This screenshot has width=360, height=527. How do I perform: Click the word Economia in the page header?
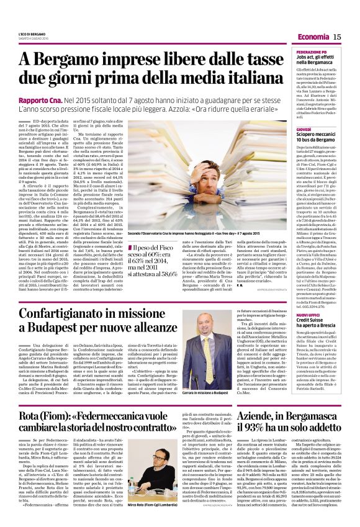click(318, 38)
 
